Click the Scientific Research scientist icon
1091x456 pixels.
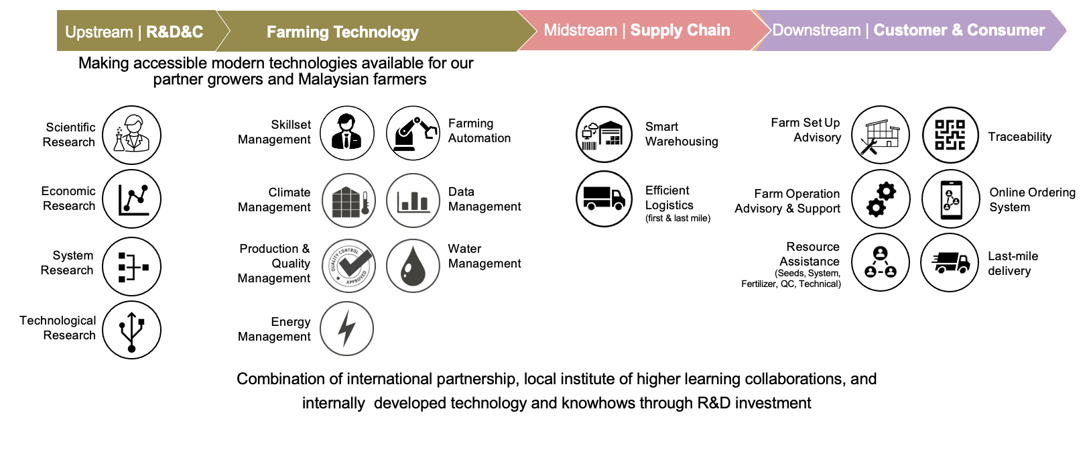pos(131,135)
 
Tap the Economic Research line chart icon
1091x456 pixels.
pos(131,198)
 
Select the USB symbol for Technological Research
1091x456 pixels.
pos(131,331)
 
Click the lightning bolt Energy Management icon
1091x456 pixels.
pos(346,329)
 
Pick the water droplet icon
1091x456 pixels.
pos(413,266)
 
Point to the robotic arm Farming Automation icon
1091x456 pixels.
pos(413,133)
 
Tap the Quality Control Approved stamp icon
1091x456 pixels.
pos(348,266)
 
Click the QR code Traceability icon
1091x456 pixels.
pos(950,135)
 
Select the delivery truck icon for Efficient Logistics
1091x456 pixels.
pos(604,198)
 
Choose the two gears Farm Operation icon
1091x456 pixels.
pos(881,198)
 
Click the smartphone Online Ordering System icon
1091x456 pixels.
pos(951,198)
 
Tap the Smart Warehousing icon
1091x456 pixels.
pos(604,135)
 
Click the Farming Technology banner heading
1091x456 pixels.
pos(342,32)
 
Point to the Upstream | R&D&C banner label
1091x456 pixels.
pos(134,32)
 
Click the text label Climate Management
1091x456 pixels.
pos(274,200)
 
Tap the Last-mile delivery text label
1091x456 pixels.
pos(1013,264)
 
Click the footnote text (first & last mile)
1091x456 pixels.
pos(678,218)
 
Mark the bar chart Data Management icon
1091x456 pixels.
pos(413,201)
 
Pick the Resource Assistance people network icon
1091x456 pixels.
pos(881,262)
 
